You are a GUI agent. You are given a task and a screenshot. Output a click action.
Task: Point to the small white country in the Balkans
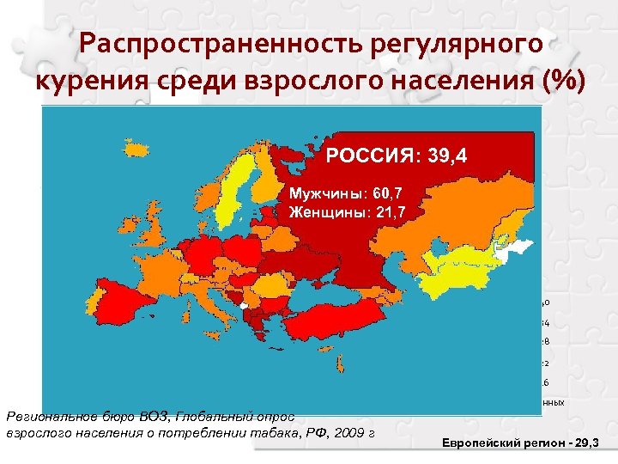245,304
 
